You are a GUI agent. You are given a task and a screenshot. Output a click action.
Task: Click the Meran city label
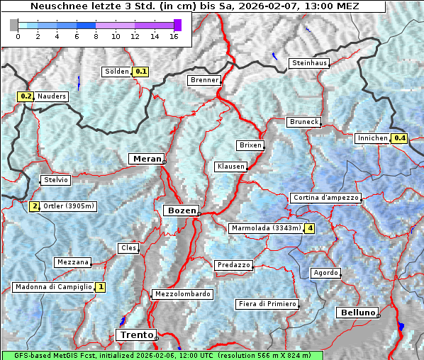coord(146,159)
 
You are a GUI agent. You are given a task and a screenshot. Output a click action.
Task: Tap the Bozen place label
coord(181,210)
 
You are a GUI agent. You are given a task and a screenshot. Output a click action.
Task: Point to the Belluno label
coord(357,313)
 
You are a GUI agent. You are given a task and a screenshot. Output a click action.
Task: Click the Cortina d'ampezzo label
coord(325,198)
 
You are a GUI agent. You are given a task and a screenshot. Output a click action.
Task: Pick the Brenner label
coord(204,80)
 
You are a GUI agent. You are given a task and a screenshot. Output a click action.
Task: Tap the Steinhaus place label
coord(310,63)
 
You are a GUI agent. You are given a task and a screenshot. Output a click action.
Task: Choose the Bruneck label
coord(304,122)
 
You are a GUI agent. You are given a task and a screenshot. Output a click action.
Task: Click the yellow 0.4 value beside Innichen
coord(400,138)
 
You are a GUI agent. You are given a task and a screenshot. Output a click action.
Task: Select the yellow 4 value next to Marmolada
coord(309,228)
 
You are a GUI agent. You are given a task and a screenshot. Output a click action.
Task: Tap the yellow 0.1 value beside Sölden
coord(141,71)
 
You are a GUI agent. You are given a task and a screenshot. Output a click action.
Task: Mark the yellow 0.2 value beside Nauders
coord(26,96)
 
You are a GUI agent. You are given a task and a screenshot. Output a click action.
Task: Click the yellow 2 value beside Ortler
coord(34,206)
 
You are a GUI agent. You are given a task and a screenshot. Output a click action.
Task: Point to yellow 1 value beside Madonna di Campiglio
coord(101,287)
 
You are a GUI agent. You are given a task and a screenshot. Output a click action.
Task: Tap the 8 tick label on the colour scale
coord(96,36)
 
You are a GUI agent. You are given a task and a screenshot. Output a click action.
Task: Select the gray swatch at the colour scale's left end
coord(13,25)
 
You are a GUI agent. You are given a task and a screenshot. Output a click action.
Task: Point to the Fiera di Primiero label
coord(267,304)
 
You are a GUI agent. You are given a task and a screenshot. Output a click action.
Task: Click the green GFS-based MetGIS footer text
coord(162,355)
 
